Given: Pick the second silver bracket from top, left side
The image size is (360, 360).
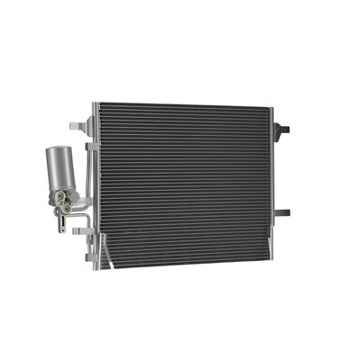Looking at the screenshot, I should click(89, 145).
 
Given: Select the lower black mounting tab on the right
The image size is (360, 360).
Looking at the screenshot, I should click(282, 213).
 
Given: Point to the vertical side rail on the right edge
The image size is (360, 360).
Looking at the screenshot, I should click(273, 180).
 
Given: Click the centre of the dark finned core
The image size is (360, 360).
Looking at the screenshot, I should click(184, 184).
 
